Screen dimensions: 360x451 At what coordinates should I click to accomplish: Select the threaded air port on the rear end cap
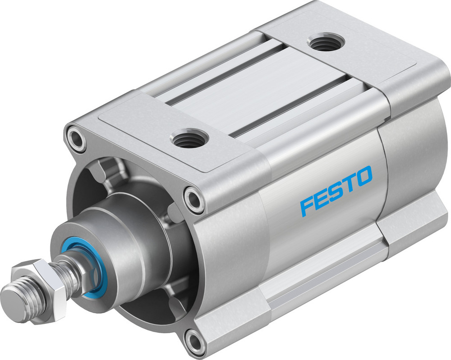326,43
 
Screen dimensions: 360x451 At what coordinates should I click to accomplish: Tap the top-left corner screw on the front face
75,139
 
